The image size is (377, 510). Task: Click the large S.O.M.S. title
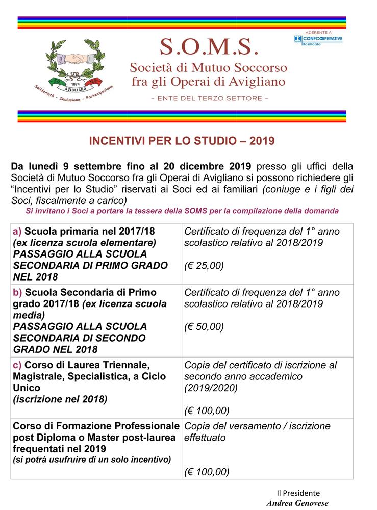[209, 47]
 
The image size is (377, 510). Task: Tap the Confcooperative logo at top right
[318, 39]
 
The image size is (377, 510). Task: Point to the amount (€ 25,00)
[204, 266]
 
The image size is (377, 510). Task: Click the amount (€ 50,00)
[204, 327]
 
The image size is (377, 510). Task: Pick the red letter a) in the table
[17, 231]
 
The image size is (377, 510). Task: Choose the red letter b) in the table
[17, 292]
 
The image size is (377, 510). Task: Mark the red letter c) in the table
[17, 365]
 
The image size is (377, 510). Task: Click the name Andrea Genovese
[297, 503]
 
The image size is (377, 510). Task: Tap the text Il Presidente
[298, 493]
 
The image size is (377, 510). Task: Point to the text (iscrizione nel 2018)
[60, 399]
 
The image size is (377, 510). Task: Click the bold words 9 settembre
[87, 167]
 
